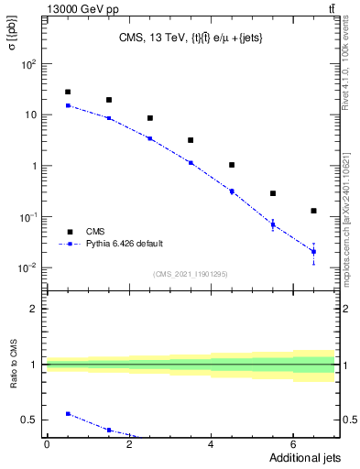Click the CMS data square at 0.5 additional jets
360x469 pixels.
(x=68, y=92)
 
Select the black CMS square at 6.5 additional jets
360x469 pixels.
(x=313, y=211)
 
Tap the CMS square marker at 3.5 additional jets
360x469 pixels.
(x=191, y=140)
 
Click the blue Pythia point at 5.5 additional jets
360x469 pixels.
(x=272, y=224)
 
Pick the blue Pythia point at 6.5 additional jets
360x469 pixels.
(x=313, y=251)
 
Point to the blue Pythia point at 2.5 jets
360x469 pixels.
(x=149, y=138)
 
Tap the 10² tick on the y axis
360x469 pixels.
(x=29, y=64)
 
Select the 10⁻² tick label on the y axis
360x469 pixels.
(x=29, y=267)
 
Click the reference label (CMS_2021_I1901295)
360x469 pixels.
(x=190, y=274)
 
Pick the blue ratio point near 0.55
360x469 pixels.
(x=68, y=414)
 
